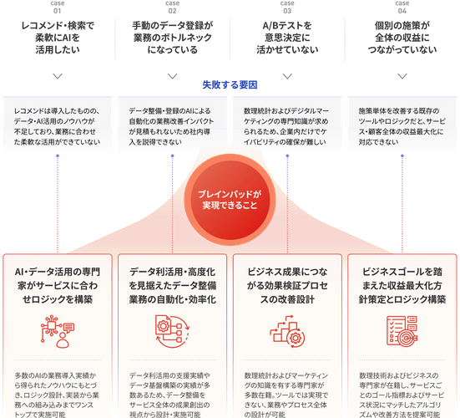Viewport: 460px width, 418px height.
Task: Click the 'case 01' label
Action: [58, 7]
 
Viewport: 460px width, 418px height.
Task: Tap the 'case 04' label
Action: [402, 7]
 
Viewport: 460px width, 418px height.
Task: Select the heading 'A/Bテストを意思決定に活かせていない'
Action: [287, 38]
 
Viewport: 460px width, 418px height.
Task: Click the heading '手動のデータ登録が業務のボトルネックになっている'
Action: [172, 38]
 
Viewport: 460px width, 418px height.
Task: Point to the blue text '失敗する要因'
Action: [230, 85]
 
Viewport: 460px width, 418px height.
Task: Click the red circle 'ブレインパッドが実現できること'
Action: [230, 200]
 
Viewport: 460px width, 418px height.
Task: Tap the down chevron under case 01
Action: [58, 76]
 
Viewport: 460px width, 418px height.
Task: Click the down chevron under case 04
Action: [402, 76]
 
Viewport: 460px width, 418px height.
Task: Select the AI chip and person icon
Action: [58, 331]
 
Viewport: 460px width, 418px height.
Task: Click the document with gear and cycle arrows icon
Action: [172, 331]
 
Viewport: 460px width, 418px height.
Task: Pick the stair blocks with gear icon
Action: [287, 331]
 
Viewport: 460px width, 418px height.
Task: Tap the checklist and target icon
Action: [402, 330]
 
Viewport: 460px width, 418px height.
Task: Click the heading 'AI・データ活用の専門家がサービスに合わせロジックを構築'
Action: [58, 286]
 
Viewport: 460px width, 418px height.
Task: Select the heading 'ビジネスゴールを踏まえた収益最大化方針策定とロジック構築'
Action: [402, 286]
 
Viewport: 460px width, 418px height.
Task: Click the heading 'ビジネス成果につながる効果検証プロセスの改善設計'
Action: [287, 286]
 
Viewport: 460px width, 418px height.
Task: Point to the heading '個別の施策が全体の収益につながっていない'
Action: [402, 38]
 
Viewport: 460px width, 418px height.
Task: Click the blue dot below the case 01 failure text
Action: [58, 155]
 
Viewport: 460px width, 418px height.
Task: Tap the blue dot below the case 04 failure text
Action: [402, 155]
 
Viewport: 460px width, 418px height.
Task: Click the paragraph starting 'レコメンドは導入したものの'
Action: [58, 126]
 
